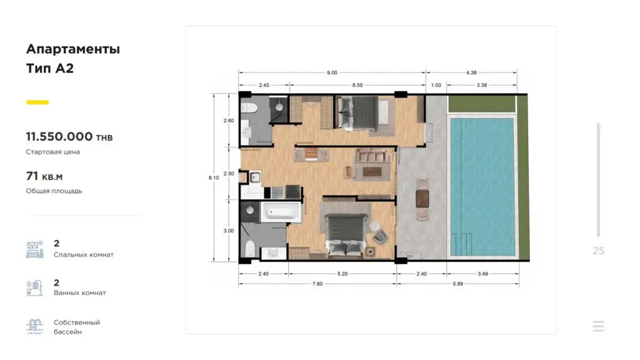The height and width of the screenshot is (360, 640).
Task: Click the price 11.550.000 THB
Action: pos(69,137)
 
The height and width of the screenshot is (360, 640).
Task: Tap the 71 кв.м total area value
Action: pos(44,176)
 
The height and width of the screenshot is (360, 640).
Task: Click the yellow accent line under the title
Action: pos(37,102)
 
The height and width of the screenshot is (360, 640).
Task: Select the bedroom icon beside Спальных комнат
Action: pos(35,249)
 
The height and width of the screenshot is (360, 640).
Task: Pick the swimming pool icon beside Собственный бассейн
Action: pos(35,326)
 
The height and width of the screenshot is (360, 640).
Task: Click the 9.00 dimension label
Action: pos(332,72)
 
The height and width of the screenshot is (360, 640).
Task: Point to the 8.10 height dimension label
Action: pos(214,178)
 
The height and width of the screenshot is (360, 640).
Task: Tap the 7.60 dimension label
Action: pos(317,284)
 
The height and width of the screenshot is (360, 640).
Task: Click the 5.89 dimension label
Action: pos(458,284)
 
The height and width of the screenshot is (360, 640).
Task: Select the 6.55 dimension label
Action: pos(357,85)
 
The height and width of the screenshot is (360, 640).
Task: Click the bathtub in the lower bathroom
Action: pos(281,212)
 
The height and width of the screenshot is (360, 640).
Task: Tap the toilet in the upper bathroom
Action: pos(249,108)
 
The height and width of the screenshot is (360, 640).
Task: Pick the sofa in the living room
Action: pos(371,156)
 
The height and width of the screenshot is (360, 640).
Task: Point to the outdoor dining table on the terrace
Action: pos(422,199)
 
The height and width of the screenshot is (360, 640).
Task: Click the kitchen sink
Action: pos(256,177)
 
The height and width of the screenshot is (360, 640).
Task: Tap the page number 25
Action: pos(598,251)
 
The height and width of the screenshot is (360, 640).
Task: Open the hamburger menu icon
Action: pos(598,326)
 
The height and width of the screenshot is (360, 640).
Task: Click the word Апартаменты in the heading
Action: pos(73,49)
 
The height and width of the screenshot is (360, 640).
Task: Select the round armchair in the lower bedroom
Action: pos(381,236)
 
